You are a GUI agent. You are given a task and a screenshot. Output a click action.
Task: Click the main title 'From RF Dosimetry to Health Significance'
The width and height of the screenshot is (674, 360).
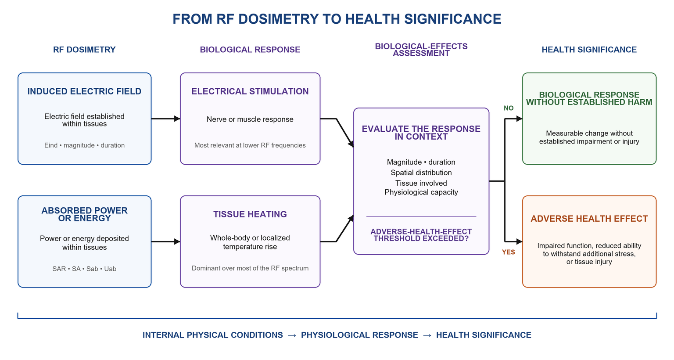[337, 19]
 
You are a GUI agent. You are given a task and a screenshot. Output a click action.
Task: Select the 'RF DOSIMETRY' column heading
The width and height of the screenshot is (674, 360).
[84, 50]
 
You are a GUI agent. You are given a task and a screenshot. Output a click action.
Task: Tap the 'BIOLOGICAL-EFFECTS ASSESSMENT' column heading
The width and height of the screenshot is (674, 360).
[421, 50]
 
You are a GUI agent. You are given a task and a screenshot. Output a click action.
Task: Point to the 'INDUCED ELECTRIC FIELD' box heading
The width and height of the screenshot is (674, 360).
[84, 91]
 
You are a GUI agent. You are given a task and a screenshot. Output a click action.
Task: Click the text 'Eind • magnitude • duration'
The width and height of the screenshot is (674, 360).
[84, 145]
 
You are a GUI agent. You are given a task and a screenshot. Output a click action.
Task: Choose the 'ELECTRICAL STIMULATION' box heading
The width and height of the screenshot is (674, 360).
[250, 91]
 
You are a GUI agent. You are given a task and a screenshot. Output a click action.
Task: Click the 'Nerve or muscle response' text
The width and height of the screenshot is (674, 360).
[250, 119]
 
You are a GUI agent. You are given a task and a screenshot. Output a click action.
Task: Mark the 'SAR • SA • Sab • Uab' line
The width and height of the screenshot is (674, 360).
[84, 269]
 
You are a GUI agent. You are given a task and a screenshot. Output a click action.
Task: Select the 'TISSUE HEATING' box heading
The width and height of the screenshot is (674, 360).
[250, 214]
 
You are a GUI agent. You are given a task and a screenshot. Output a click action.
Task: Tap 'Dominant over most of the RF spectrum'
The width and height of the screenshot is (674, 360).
[250, 268]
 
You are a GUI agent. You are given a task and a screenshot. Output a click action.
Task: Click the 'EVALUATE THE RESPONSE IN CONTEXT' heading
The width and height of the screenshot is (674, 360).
[421, 133]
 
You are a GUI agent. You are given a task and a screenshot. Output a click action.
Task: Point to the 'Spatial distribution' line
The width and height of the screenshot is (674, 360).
[421, 173]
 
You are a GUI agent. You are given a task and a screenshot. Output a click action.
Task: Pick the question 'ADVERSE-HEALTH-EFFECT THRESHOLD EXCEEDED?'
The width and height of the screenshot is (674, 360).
[421, 235]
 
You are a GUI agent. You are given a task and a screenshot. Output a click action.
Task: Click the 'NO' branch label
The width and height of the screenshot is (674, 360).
[509, 108]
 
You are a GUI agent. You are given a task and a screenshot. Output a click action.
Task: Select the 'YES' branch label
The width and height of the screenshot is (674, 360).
[509, 252]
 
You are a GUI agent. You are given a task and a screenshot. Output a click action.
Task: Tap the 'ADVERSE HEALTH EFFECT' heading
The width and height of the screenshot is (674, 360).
[589, 219]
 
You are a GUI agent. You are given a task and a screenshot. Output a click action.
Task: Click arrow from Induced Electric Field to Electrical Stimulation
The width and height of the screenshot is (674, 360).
[166, 119]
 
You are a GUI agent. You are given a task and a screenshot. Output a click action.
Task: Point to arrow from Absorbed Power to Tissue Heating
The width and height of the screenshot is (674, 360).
[166, 241]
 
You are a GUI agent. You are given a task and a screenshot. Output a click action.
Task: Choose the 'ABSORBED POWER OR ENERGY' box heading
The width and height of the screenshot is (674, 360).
[84, 214]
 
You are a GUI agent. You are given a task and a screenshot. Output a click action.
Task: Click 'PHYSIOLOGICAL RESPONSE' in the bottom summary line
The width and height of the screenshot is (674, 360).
[359, 335]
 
